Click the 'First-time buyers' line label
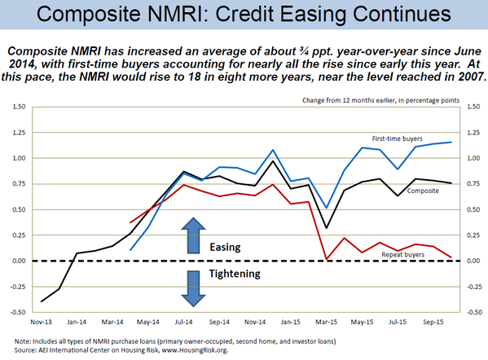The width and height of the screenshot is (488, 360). [397, 138]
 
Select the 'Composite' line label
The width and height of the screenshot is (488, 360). [423, 191]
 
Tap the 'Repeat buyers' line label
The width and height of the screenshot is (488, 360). [403, 254]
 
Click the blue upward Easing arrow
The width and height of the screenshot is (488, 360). [193, 235]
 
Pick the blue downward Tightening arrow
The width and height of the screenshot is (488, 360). [193, 289]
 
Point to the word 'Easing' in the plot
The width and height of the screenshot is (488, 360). [225, 248]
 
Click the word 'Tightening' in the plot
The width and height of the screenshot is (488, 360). [235, 274]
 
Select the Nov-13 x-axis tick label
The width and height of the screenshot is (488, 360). [41, 322]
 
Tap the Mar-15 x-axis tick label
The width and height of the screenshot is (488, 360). [326, 322]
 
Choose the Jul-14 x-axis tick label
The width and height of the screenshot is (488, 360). [183, 322]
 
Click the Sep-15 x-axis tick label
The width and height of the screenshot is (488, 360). [433, 322]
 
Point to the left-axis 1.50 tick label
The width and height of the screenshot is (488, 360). [19, 107]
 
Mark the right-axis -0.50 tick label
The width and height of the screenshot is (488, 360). [473, 312]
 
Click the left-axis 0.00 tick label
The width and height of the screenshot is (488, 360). [19, 261]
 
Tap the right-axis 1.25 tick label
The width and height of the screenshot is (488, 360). [473, 133]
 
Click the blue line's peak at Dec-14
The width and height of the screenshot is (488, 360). [273, 150]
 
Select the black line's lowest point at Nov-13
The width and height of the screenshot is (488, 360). [42, 301]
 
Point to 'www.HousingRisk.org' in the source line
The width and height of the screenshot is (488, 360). [203, 350]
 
